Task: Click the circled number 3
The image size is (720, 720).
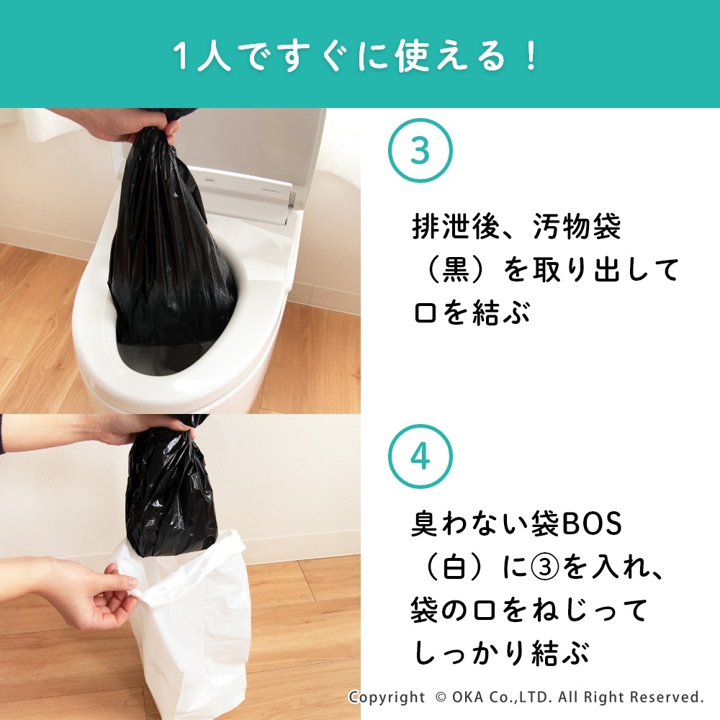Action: click(x=420, y=150)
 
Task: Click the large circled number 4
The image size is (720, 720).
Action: click(x=420, y=456)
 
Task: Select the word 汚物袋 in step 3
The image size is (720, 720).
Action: click(x=577, y=226)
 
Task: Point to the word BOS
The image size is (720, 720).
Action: click(x=592, y=524)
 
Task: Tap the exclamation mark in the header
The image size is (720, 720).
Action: click(x=532, y=56)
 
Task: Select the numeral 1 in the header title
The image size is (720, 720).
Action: click(x=181, y=57)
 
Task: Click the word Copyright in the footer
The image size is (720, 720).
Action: click(x=387, y=697)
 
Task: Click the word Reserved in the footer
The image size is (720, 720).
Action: click(x=666, y=696)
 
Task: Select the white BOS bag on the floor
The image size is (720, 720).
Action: click(x=184, y=629)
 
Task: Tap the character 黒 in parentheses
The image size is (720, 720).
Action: click(x=454, y=269)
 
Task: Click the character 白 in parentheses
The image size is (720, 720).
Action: click(x=454, y=568)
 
